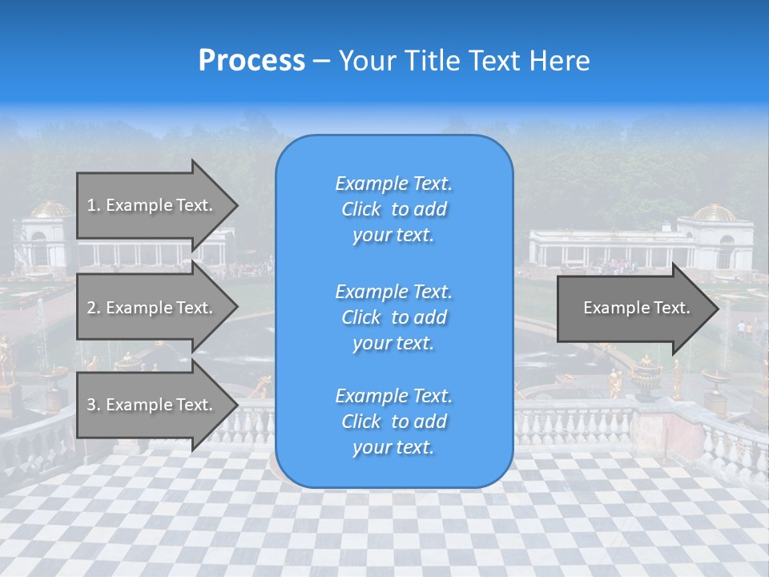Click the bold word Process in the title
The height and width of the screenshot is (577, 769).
click(252, 61)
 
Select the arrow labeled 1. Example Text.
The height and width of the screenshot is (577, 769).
click(150, 205)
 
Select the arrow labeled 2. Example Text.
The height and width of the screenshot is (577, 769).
click(150, 308)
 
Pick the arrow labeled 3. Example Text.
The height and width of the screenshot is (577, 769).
click(150, 405)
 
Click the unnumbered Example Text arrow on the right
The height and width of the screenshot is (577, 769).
click(636, 308)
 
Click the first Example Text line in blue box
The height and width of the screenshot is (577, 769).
click(393, 184)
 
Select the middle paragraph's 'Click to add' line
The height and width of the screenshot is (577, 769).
click(393, 317)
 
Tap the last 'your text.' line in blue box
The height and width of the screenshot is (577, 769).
click(393, 447)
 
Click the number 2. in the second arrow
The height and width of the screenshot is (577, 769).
click(94, 308)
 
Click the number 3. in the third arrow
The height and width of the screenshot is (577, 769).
click(94, 405)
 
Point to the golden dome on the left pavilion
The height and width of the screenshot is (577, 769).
click(50, 210)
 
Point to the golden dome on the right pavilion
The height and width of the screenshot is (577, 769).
click(714, 213)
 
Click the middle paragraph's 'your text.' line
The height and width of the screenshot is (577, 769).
click(393, 343)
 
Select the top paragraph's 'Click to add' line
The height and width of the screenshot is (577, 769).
click(393, 209)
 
